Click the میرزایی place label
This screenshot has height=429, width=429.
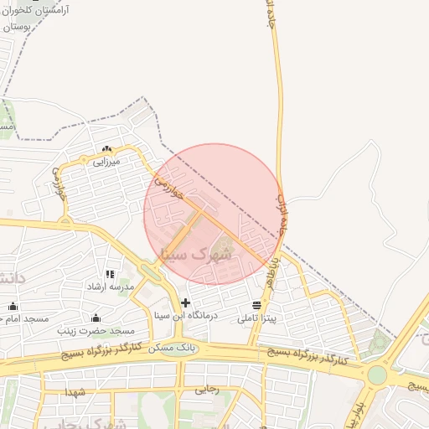tap(106, 160)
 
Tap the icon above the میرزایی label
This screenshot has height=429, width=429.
tap(106, 149)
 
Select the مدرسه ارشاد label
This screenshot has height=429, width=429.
tap(110, 287)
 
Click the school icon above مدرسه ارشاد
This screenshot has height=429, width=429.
tap(110, 274)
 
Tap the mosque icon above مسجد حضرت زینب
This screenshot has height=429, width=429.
tap(96, 318)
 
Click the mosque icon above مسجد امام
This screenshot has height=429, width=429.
tap(12, 307)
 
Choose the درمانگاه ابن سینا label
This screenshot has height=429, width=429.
tap(186, 316)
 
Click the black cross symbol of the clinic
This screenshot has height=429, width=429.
tap(185, 302)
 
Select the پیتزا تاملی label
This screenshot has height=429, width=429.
tap(256, 319)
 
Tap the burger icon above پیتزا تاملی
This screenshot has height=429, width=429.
tap(256, 304)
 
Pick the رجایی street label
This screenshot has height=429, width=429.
tap(207, 389)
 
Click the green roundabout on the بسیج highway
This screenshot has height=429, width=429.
tap(378, 375)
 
